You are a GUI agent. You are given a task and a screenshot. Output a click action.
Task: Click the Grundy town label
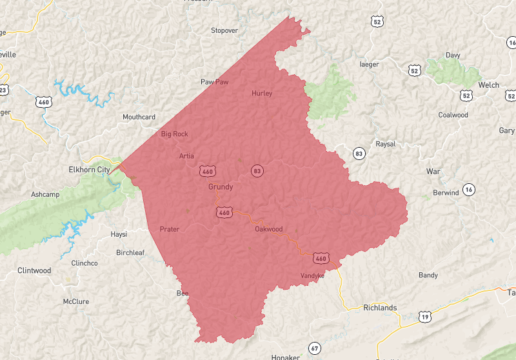[221, 187]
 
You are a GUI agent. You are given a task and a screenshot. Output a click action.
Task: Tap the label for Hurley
[262, 94]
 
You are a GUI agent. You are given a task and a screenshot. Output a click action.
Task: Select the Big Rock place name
[174, 134]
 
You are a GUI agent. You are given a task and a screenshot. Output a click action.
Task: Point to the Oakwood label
[268, 229]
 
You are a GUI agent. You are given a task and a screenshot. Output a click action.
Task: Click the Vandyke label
[312, 276]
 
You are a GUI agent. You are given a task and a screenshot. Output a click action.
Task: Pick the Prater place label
[169, 229]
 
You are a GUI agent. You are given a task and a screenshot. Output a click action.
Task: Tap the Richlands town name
[380, 308]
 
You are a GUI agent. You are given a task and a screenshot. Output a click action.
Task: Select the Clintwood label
[34, 270]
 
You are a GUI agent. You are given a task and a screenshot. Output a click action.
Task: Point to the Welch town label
[488, 85]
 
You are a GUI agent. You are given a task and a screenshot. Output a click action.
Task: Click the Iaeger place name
[369, 65]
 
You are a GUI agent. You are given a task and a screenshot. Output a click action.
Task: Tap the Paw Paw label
[214, 82]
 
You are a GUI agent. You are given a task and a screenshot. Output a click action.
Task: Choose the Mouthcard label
[139, 117]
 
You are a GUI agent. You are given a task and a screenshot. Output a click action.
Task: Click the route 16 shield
[468, 189]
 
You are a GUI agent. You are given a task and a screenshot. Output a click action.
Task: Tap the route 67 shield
[314, 348]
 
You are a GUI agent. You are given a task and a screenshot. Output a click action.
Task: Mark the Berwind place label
[446, 193]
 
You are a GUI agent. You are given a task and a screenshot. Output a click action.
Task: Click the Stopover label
[224, 30]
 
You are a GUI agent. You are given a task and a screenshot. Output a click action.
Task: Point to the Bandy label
[428, 275]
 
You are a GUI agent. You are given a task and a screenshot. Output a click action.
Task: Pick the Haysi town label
[119, 234]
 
